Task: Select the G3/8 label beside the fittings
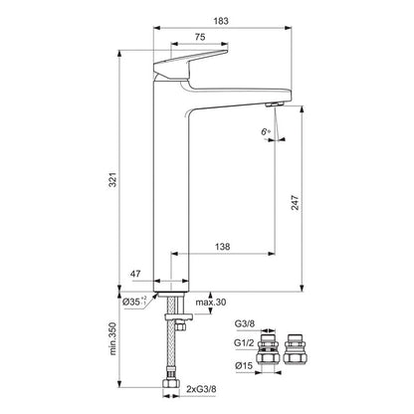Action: (244, 323)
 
